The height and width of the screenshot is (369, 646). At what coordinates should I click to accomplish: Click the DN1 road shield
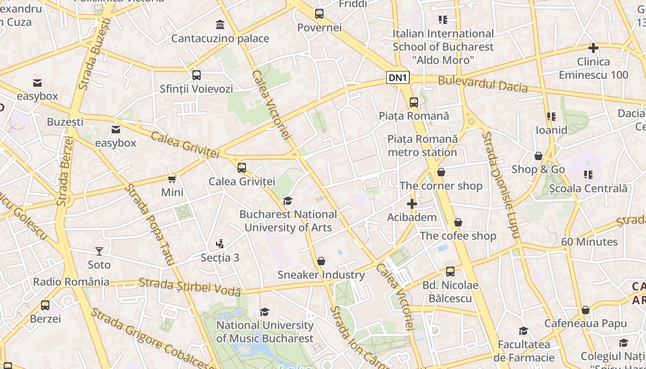398,78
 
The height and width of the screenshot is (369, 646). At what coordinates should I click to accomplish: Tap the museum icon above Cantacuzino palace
220,24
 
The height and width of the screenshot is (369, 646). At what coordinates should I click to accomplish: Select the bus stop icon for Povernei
319,14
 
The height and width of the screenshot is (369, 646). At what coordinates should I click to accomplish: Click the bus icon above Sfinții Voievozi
197,75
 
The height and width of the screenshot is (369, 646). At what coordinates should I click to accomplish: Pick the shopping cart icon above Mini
172,179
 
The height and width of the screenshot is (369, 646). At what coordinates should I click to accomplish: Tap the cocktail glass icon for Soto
99,251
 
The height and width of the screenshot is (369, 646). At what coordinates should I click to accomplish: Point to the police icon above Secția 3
220,244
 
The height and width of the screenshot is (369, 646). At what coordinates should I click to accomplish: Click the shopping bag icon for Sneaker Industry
321,262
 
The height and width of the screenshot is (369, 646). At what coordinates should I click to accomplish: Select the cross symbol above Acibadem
412,204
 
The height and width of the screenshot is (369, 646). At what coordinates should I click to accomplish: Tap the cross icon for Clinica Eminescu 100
593,48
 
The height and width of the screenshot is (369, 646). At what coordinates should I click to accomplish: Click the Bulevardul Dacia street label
483,84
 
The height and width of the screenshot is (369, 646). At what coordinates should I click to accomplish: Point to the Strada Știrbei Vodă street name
190,286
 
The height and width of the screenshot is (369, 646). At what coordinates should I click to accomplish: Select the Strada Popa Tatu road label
150,225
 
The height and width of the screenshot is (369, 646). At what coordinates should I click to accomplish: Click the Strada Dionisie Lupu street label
501,185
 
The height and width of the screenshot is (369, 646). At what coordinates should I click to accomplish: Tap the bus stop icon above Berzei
45,305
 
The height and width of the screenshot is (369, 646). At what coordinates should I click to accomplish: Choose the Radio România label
72,282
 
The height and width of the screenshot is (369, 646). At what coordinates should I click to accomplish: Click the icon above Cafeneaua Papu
586,310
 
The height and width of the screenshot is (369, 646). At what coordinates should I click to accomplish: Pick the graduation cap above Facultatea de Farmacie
523,331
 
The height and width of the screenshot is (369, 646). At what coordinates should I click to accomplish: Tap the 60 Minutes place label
589,242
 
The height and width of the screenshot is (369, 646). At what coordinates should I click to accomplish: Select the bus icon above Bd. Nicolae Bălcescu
450,272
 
